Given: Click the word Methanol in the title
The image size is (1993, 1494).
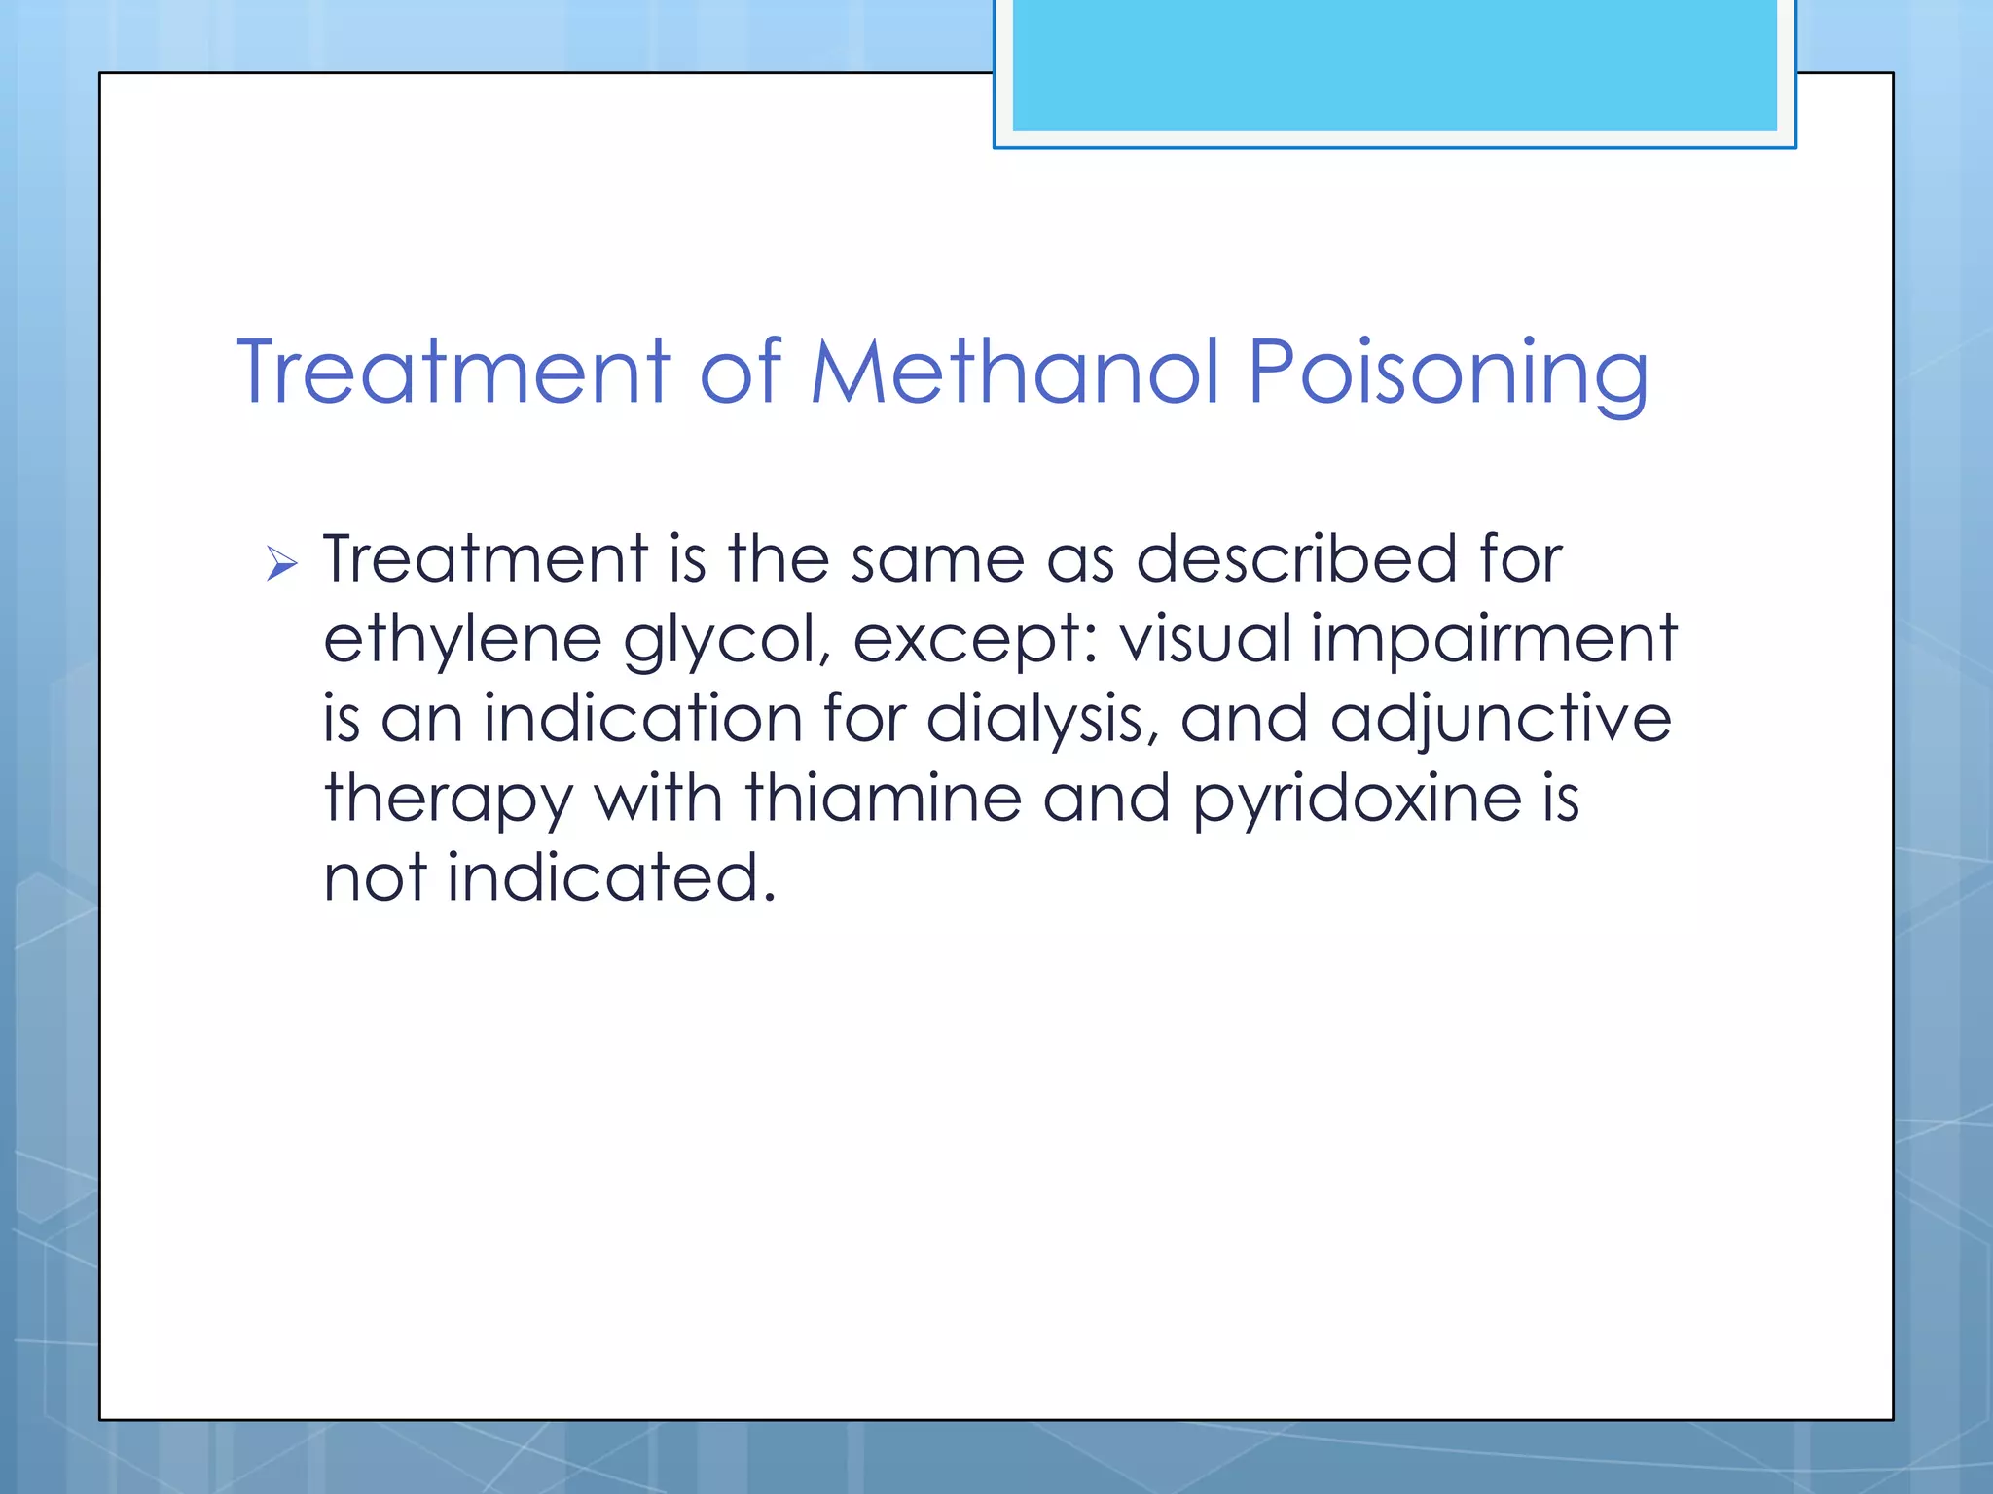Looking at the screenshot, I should (1015, 372).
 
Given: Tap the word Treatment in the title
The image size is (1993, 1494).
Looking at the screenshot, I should (453, 372).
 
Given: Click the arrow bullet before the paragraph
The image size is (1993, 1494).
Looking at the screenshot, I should (281, 563).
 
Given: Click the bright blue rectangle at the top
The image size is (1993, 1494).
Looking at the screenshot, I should (1394, 65).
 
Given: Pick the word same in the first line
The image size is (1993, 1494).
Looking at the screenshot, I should (937, 561).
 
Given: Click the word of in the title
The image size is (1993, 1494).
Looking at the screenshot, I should (741, 372).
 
